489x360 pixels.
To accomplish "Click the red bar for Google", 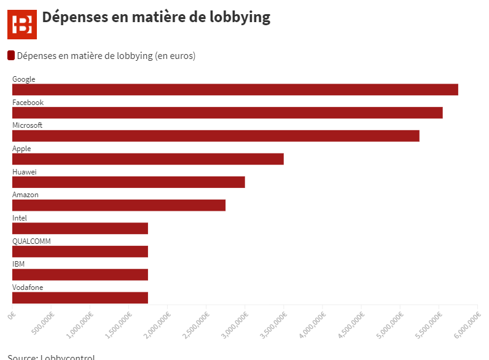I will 235,90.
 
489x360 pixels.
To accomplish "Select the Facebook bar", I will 227,113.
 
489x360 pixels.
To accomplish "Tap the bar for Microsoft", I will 216,136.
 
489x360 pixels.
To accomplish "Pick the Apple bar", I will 148,159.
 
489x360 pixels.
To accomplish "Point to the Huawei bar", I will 128,182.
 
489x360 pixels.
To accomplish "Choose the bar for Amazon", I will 119,205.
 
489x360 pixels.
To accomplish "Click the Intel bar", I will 80,229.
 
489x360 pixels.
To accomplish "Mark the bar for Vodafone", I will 80,298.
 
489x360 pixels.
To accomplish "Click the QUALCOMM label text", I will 31,241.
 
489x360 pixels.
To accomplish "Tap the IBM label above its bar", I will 18,264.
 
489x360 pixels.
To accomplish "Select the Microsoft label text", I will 28,125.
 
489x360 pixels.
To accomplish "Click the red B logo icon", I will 22,24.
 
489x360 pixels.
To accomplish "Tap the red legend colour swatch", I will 11,56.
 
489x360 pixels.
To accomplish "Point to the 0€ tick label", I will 12,315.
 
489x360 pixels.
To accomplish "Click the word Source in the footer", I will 22,357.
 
